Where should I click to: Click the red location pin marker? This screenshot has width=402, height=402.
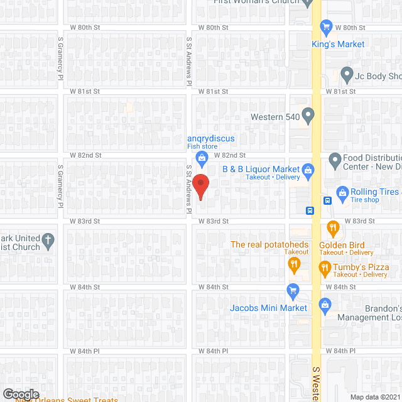[x=200, y=186]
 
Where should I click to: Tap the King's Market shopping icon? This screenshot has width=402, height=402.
[x=326, y=26]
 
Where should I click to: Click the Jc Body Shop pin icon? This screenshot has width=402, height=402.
[x=346, y=75]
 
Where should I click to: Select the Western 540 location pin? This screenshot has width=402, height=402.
[x=308, y=115]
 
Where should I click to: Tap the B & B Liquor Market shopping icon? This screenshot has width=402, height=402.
[x=308, y=169]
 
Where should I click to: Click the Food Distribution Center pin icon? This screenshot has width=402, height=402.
[x=334, y=160]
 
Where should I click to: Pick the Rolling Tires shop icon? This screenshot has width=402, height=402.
[x=343, y=192]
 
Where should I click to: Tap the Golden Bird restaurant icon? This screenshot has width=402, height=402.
[x=334, y=227]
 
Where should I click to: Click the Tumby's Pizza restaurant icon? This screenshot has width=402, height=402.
[x=325, y=268]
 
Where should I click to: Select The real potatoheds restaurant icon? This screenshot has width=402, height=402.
[x=293, y=264]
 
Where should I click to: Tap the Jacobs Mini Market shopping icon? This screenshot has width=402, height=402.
[x=292, y=290]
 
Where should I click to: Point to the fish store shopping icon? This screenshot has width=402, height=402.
[x=202, y=157]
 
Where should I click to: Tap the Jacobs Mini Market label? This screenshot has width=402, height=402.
[x=268, y=308]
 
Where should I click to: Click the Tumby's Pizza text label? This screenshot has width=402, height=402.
[x=361, y=267]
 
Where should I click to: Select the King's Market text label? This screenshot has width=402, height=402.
[x=338, y=44]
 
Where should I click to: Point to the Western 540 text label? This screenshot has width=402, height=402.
[x=274, y=117]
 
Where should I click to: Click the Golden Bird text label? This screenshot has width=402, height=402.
[x=337, y=245]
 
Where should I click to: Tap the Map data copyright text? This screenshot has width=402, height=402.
[x=374, y=396]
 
